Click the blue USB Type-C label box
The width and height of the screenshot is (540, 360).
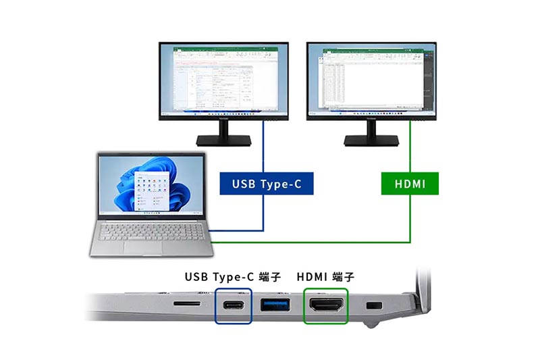pyautogui.click(x=267, y=183)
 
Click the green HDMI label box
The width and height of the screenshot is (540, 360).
pyautogui.click(x=410, y=183)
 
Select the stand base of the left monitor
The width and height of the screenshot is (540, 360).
pyautogui.click(x=223, y=140)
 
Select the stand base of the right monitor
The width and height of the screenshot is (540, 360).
pyautogui.click(x=371, y=140)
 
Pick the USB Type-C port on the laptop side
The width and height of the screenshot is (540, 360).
pyautogui.click(x=234, y=305)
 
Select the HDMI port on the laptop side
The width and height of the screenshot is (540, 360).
pyautogui.click(x=326, y=305)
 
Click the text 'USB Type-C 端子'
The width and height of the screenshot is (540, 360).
pyautogui.click(x=233, y=277)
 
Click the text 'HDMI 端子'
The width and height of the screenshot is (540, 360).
pyautogui.click(x=325, y=277)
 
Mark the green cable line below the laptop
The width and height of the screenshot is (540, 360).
pyautogui.click(x=310, y=242)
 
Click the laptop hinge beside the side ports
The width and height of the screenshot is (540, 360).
pyautogui.click(x=420, y=297)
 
